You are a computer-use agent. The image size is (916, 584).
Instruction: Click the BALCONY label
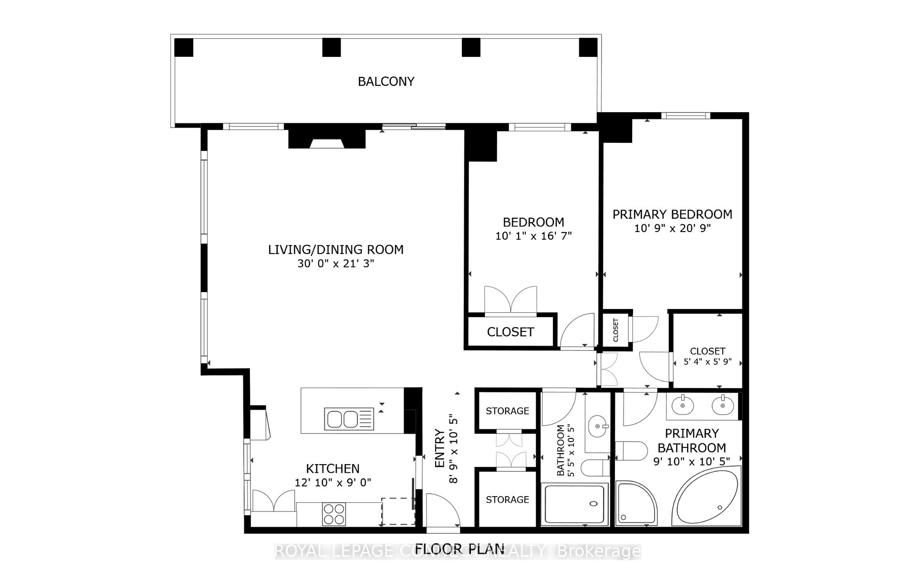click(x=386, y=82)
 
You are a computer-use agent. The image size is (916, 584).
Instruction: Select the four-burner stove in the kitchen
click(x=333, y=514)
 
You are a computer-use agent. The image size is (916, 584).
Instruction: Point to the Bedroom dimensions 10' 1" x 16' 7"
click(x=533, y=236)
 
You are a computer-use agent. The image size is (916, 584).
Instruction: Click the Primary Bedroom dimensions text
click(x=672, y=228)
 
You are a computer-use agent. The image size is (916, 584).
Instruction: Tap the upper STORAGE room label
click(x=507, y=411)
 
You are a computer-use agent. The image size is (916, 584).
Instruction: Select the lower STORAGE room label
click(x=507, y=499)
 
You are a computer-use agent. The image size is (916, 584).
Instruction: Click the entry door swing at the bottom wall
click(x=441, y=511)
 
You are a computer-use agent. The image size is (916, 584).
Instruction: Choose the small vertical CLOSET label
click(x=615, y=329)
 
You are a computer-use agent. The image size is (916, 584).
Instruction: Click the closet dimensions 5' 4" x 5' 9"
click(x=708, y=362)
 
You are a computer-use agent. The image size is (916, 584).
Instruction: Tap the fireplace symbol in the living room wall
click(x=326, y=140)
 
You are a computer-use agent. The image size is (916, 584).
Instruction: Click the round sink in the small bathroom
click(x=598, y=425)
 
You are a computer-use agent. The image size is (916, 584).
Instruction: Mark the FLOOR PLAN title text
click(x=459, y=549)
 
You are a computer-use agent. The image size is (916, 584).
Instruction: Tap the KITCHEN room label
click(x=333, y=468)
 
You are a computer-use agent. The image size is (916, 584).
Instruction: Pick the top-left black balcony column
click(x=183, y=48)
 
